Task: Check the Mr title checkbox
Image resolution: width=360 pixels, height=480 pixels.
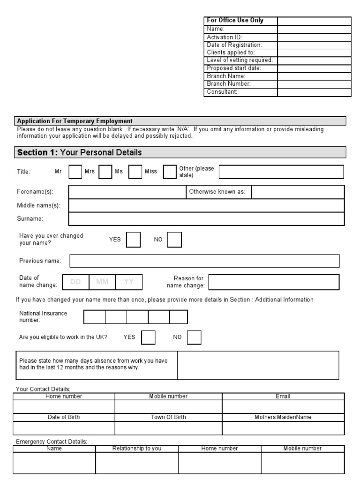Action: click(75, 172)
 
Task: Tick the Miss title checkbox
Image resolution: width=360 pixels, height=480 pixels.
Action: click(170, 172)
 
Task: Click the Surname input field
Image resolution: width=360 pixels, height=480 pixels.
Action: click(206, 219)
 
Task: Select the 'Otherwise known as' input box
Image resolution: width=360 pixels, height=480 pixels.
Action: click(298, 192)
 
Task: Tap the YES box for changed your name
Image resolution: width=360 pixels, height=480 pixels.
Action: click(134, 240)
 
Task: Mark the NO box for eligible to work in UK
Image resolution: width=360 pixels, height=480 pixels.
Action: click(194, 337)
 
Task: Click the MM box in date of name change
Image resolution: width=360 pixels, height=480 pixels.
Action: click(102, 282)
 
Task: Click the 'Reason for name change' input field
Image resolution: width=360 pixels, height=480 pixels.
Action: click(274, 282)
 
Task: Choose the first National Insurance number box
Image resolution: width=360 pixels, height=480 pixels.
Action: click(94, 317)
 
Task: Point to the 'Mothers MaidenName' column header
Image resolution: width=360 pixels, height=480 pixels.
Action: click(283, 417)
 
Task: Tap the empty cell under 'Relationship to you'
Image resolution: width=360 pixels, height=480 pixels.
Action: click(137, 463)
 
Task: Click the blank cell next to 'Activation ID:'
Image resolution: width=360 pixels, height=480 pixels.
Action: click(314, 37)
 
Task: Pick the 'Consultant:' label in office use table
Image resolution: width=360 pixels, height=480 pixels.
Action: click(222, 92)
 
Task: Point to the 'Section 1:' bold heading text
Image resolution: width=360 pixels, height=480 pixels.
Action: click(37, 152)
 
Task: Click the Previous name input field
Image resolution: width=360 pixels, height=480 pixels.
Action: click(204, 261)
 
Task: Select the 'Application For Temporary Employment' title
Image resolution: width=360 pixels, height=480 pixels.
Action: click(75, 121)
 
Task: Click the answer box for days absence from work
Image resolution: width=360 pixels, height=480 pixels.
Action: click(258, 365)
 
